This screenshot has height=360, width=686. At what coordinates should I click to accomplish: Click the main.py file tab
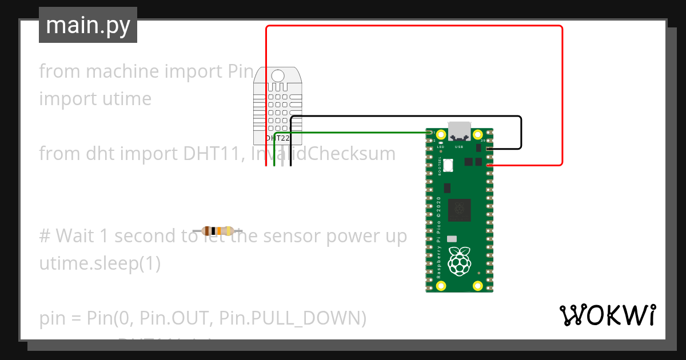pyautogui.click(x=88, y=25)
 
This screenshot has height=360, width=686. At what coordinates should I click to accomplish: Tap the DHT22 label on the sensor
pyautogui.click(x=278, y=138)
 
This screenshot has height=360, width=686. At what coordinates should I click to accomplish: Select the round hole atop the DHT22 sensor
pyautogui.click(x=278, y=75)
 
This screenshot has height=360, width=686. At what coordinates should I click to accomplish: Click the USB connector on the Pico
pyautogui.click(x=459, y=131)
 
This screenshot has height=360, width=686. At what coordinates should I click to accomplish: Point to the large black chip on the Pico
pyautogui.click(x=459, y=210)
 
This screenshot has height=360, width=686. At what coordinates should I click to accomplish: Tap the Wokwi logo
pyautogui.click(x=607, y=315)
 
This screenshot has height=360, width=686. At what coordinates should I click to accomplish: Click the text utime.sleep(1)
pyautogui.click(x=100, y=263)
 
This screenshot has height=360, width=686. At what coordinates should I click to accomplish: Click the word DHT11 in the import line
pyautogui.click(x=211, y=153)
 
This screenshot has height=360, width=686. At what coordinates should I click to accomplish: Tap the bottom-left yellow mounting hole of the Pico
pyautogui.click(x=441, y=285)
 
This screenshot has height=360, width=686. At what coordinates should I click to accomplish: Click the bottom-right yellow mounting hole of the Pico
pyautogui.click(x=477, y=285)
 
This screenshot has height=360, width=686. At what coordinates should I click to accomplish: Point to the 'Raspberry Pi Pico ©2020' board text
pyautogui.click(x=438, y=237)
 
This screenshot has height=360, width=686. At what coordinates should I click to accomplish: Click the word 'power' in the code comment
pyautogui.click(x=351, y=235)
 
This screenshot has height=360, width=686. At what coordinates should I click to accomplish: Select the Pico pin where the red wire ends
pyautogui.click(x=489, y=165)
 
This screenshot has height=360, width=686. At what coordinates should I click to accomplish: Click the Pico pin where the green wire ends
pyautogui.click(x=429, y=133)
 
